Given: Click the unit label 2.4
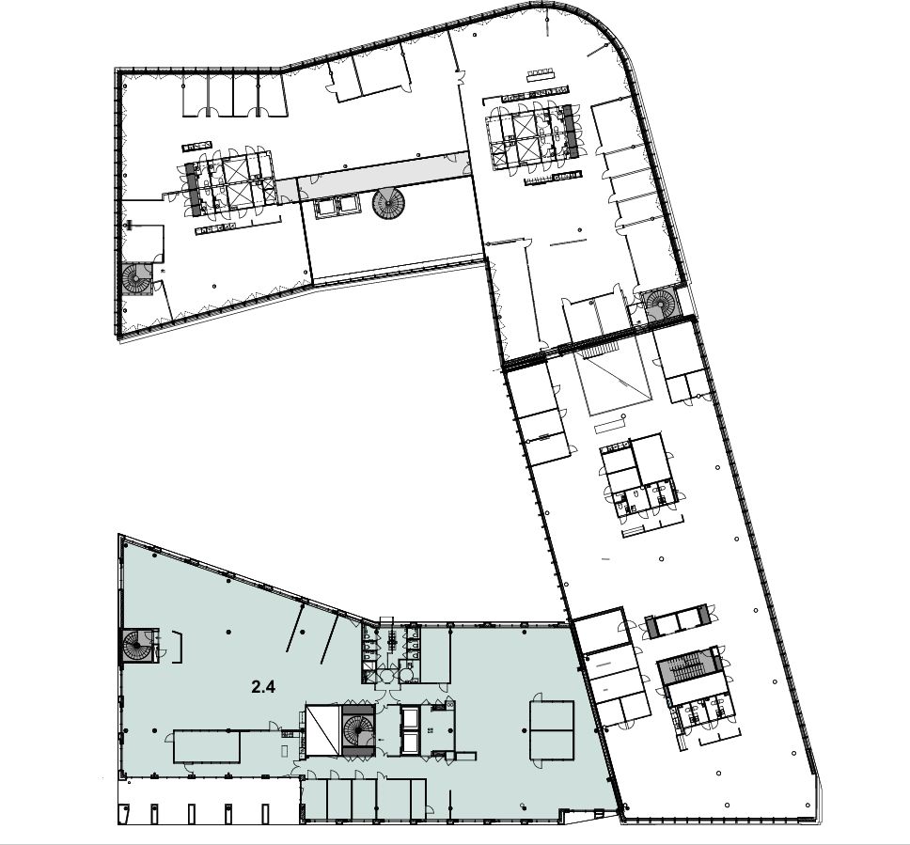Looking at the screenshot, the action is tap(263, 687).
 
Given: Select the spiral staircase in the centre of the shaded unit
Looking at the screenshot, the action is tap(357, 730).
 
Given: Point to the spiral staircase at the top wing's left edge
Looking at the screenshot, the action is tap(137, 279).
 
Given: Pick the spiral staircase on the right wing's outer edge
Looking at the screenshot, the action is tap(662, 303).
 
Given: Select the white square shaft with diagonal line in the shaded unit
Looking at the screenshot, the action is tap(322, 730).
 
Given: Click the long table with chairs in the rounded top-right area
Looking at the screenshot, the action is tap(541, 75).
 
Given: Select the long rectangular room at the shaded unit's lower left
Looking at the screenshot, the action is tap(207, 747).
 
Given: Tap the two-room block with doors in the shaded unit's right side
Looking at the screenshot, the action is tap(551, 729).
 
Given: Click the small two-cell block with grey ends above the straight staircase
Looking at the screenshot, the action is tap(677, 621).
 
